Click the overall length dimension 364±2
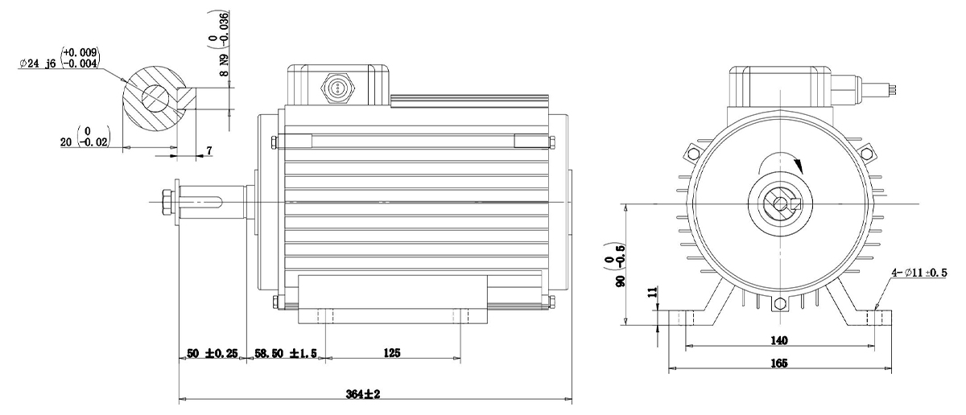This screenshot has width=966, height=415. click(363, 394)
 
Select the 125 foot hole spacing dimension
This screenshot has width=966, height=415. click(391, 353)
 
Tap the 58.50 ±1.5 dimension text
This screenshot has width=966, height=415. click(286, 353)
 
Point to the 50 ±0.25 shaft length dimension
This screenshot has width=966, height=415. click(212, 353)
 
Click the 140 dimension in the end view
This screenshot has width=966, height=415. click(779, 340)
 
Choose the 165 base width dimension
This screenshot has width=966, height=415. click(779, 364)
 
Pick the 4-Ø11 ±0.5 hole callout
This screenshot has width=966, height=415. click(919, 273)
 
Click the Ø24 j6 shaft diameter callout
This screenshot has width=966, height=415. click(59, 58)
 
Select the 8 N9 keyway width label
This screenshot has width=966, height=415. click(224, 64)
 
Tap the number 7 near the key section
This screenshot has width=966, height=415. click(209, 151)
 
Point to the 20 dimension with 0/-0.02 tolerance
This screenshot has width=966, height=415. click(85, 137)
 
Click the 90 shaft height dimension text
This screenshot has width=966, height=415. click(621, 281)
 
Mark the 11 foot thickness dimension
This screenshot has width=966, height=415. click(653, 292)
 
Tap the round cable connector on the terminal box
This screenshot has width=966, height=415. click(337, 88)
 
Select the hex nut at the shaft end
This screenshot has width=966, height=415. click(167, 202)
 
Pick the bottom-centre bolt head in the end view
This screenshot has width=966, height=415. click(778, 303)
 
